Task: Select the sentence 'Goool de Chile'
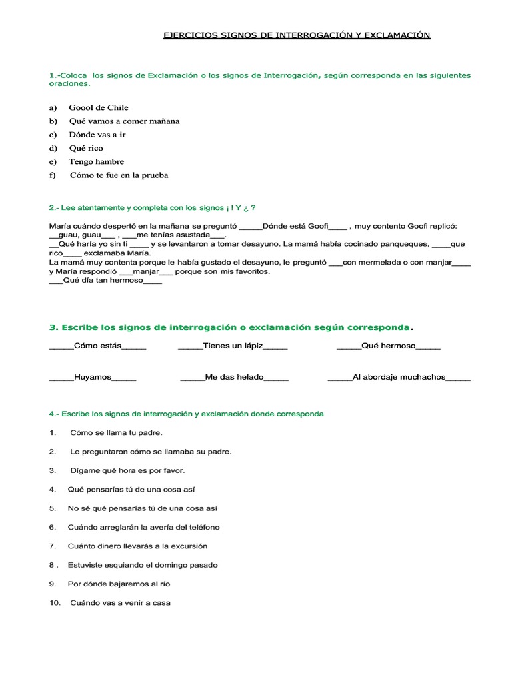[99, 107]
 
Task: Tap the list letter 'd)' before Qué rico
[53, 148]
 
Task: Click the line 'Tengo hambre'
[96, 161]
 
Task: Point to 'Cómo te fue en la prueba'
[119, 175]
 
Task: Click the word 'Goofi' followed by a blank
[318, 226]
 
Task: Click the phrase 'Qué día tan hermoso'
[103, 281]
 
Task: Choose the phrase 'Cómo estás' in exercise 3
[97, 346]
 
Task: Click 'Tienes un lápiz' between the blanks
[233, 346]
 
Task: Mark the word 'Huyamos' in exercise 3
[93, 377]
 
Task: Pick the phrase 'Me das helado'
[235, 377]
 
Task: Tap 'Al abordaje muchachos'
[399, 377]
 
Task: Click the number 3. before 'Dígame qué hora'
[53, 470]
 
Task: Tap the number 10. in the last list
[55, 603]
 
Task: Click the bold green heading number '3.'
[54, 327]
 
